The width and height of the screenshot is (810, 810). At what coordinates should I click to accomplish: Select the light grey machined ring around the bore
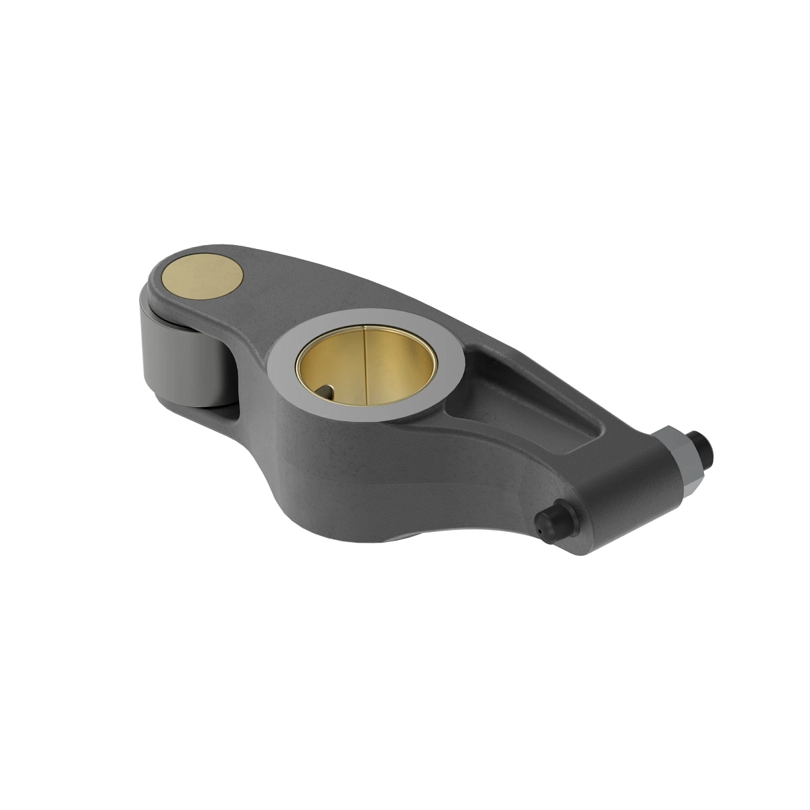[283, 364]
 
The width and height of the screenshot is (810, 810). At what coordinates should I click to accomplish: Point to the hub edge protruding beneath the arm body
[398, 536]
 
